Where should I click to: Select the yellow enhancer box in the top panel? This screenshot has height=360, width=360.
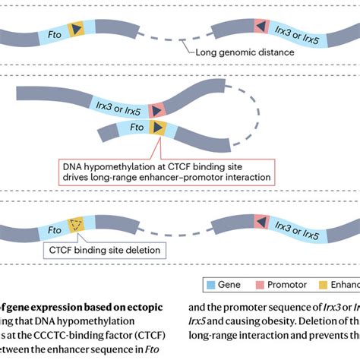tap(77, 29)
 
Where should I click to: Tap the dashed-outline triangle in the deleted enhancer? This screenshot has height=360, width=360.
tap(77, 224)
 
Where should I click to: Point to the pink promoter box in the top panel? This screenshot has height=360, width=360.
tap(261, 27)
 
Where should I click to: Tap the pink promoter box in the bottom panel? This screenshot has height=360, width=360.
tap(260, 223)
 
